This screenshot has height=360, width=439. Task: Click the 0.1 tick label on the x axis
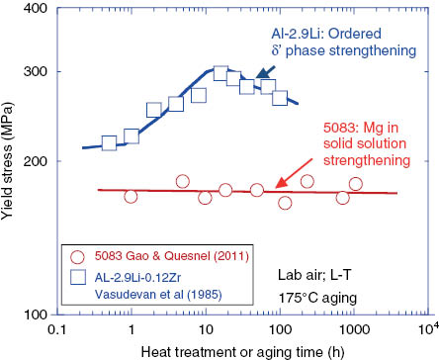click(57, 327)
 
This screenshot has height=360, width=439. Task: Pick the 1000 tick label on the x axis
click(354, 327)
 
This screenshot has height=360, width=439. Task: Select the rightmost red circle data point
click(356, 184)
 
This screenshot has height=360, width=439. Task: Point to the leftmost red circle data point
click(131, 197)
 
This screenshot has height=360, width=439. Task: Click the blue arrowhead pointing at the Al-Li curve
click(260, 72)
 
